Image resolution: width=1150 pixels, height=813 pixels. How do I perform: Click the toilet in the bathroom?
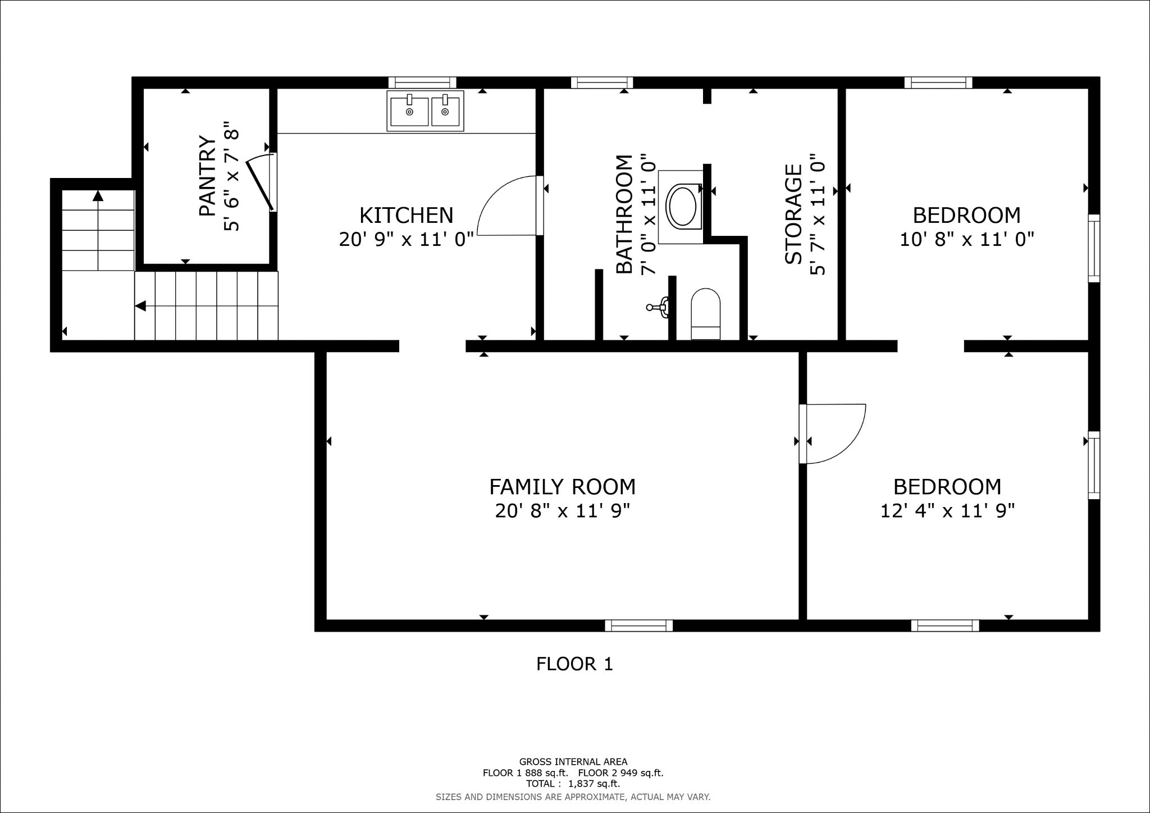705,314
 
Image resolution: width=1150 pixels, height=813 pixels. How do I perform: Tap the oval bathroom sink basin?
682,207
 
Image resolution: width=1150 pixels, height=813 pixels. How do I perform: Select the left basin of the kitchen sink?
409,111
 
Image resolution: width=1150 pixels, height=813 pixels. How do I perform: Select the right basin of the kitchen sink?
445,111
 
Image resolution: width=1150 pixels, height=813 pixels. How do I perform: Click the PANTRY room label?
208,176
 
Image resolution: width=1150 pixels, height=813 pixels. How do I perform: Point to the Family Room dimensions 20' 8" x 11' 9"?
562,511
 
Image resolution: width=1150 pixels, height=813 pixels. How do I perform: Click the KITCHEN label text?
406,215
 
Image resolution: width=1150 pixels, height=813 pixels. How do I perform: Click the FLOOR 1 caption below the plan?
574,664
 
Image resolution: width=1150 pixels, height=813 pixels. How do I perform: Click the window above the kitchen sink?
422,83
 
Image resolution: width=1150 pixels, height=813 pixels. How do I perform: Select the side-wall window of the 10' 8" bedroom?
1094,248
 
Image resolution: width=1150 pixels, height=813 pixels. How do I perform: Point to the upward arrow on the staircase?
98,196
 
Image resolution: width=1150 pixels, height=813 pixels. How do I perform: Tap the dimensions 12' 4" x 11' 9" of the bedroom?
947,511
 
